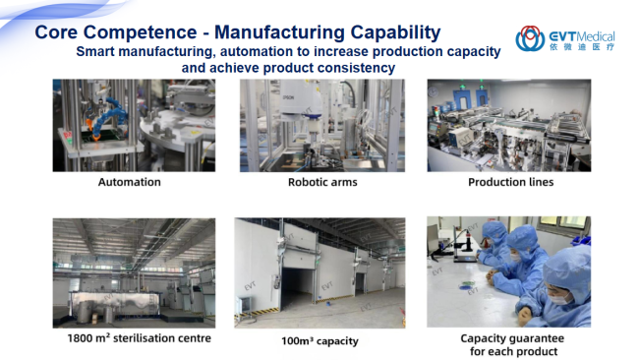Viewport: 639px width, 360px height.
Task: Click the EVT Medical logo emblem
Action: (530, 38)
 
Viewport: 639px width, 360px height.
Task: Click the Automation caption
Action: (130, 182)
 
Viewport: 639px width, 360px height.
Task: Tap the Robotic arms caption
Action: (322, 182)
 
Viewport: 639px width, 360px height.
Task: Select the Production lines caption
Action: (510, 182)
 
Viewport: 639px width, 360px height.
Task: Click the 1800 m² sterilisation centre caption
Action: (140, 338)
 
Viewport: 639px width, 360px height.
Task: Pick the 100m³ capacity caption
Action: (319, 341)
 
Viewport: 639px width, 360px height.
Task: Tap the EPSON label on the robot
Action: (288, 97)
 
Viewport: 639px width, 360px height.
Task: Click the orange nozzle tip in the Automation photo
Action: (96, 138)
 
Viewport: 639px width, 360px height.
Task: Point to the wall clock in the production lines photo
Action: (433, 92)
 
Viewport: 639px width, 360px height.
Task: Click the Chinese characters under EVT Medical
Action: (582, 47)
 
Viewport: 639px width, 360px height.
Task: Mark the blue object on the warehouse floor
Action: (328, 304)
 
